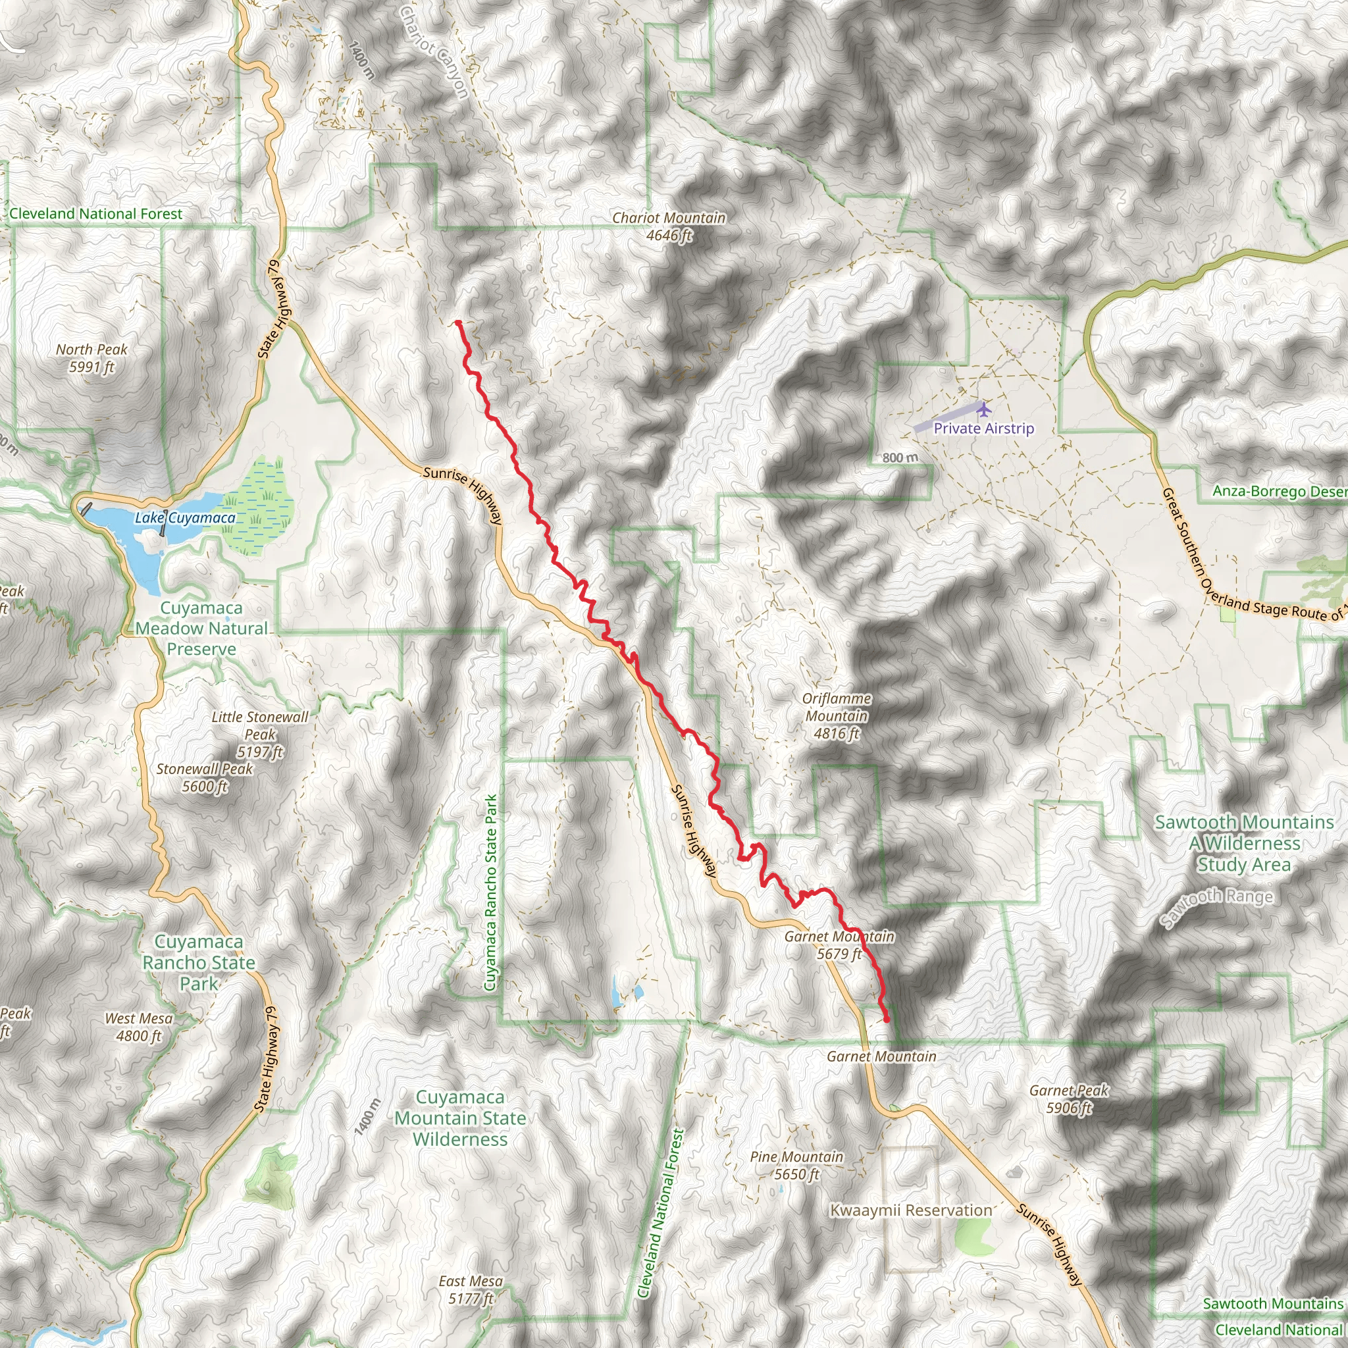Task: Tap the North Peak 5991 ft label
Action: tap(91, 358)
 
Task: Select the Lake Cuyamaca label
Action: tap(185, 518)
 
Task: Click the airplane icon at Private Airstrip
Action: tap(984, 408)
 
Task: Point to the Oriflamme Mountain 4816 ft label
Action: tap(836, 716)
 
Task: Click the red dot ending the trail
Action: tap(887, 1020)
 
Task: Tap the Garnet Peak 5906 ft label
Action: tap(1068, 1099)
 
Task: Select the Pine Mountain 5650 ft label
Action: tap(796, 1165)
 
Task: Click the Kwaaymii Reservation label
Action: tap(910, 1210)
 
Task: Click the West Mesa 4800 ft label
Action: tap(139, 1027)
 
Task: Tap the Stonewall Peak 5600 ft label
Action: tap(205, 777)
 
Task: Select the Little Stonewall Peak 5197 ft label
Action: tap(259, 734)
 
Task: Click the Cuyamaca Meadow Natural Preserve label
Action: tap(201, 628)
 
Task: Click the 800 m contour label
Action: tap(900, 457)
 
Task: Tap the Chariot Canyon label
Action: tap(434, 53)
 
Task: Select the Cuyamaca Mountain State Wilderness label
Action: tap(460, 1118)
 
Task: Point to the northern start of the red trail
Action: tap(457, 323)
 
